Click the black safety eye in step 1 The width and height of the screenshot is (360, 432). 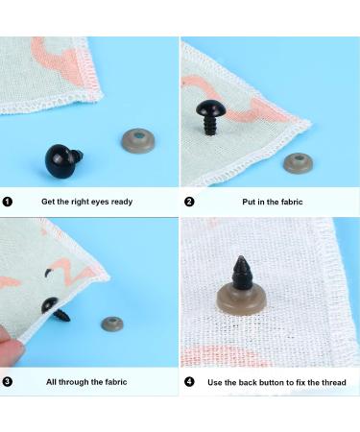coord(63,159)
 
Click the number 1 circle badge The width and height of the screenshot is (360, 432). coord(8,202)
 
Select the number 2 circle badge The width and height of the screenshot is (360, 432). coord(189,202)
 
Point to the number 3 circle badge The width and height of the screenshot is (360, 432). coord(8,381)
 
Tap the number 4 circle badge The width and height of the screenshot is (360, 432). coord(189,381)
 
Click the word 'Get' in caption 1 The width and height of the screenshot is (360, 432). coord(48,202)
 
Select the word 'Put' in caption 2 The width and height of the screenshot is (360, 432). coord(249,202)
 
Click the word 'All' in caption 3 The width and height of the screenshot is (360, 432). coord(52,381)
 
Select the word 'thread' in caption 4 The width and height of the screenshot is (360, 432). coord(331,381)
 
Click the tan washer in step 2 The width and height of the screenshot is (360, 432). coord(298,162)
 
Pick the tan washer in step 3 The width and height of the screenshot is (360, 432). coord(114,324)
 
